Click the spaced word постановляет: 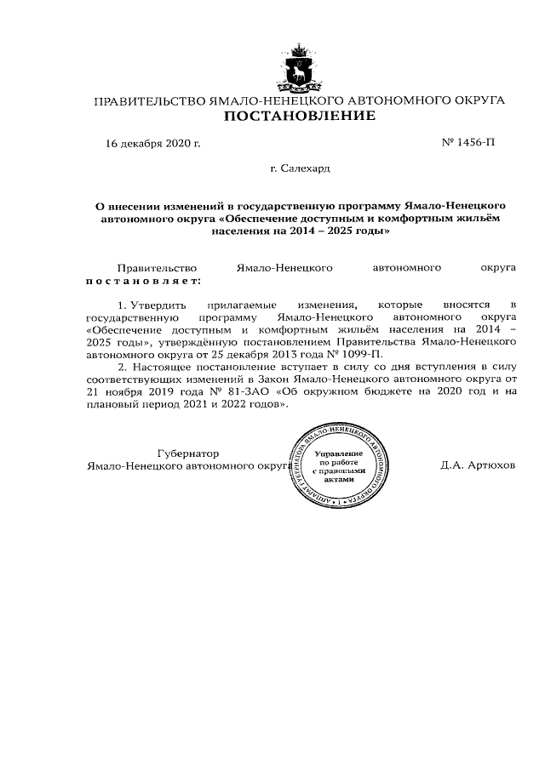143,280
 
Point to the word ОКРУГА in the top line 473,100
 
